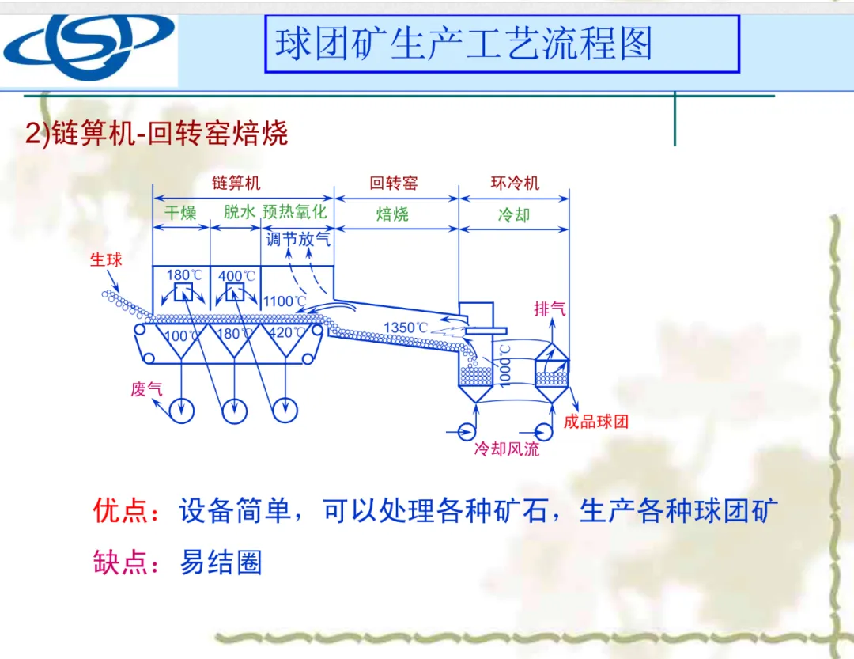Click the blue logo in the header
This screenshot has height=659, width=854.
pos(89,46)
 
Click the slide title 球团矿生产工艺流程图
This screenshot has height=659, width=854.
pos(464,44)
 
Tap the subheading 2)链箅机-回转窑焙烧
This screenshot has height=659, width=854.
pos(157,133)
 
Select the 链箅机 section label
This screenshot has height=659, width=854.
pos(236,183)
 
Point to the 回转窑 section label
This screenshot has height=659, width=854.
pos(393,183)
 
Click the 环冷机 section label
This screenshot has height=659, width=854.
pos(514,183)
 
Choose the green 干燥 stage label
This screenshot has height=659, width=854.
pos(180,213)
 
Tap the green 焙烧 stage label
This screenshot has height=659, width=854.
pos(392,214)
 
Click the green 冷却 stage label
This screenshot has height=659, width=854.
pos(513,214)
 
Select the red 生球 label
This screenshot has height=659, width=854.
pos(107,259)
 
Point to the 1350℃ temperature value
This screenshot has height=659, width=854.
pos(406,328)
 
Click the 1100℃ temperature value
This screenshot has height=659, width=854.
pos(285,301)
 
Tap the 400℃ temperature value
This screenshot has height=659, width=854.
pos(237,275)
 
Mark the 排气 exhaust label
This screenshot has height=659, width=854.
pos(550,309)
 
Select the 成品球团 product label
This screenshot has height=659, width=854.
pos(596,422)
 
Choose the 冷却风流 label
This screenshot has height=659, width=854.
pos(507,449)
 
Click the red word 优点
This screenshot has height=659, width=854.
pos(121,510)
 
